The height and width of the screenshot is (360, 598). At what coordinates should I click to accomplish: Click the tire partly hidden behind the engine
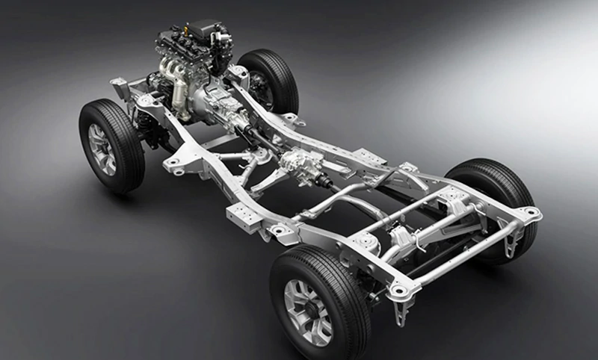271,78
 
